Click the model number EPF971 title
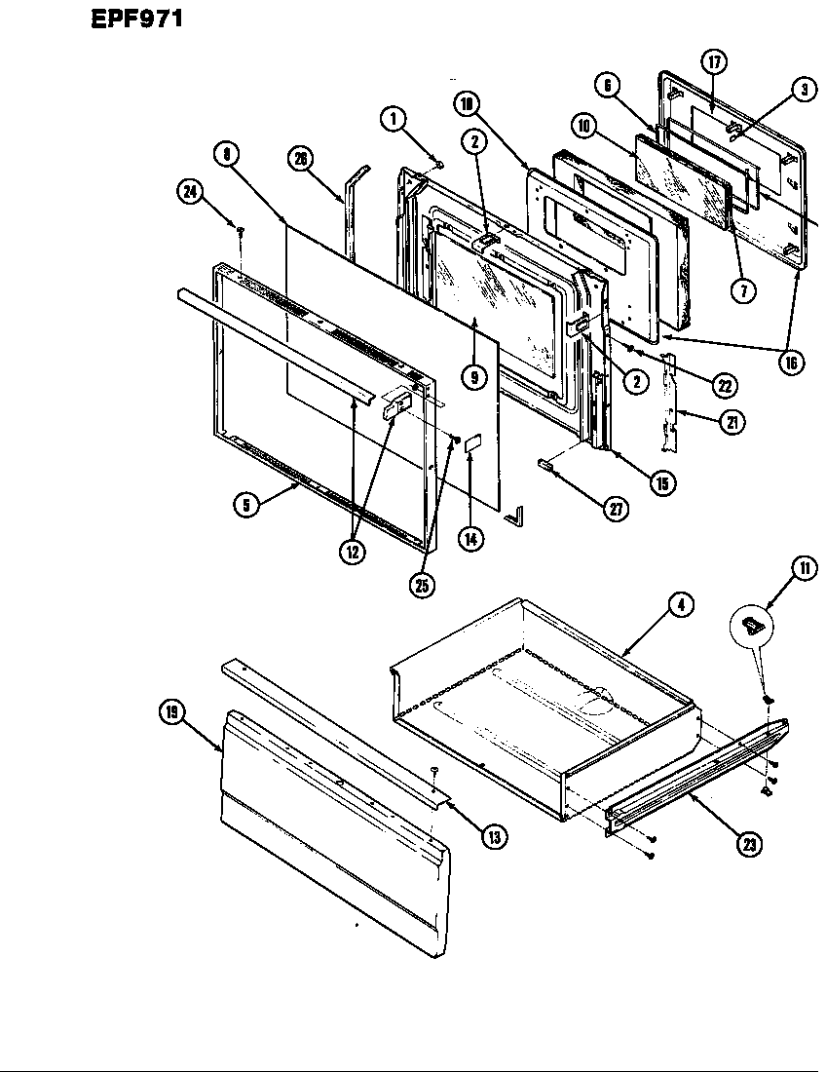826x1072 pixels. pyautogui.click(x=136, y=19)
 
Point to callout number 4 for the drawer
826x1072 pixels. pyautogui.click(x=680, y=605)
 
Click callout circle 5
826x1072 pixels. pyautogui.click(x=246, y=505)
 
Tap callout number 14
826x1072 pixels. pyautogui.click(x=471, y=537)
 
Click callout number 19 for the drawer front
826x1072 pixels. pyautogui.click(x=173, y=712)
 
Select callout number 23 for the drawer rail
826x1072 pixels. pyautogui.click(x=748, y=844)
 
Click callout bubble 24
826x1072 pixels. pyautogui.click(x=189, y=192)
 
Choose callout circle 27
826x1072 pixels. pyautogui.click(x=615, y=508)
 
